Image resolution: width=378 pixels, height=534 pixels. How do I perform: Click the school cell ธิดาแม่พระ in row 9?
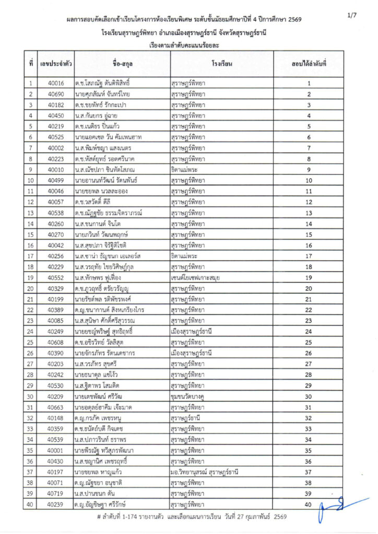(x=188, y=169)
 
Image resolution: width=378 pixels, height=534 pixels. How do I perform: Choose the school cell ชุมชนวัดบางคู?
(x=191, y=396)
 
